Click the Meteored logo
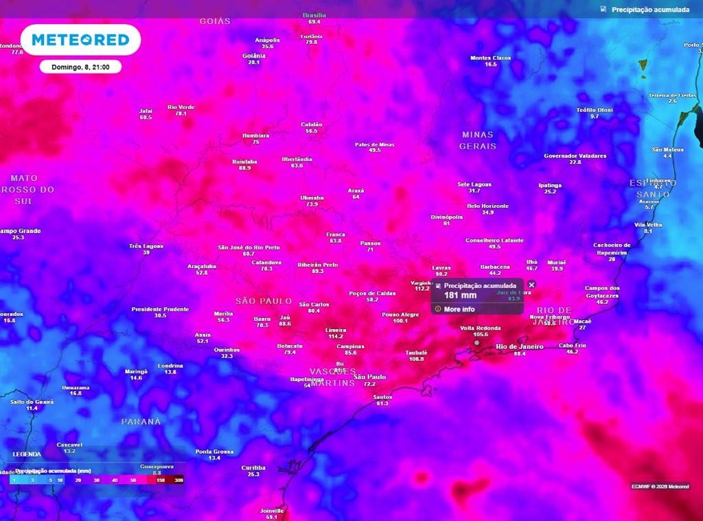point(80,40)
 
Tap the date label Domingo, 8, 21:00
point(80,66)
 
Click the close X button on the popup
point(531,284)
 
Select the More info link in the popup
point(459,309)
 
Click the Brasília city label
point(314,15)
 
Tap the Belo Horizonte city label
point(487,206)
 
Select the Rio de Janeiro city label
point(520,347)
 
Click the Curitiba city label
point(253,468)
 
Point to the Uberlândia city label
point(297,159)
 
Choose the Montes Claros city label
point(490,58)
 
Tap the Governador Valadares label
point(575,156)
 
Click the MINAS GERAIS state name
point(477,141)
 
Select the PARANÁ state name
point(141,421)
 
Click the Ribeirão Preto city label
point(318,265)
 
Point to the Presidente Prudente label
point(160,309)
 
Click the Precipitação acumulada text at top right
point(649,10)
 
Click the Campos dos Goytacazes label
point(602,291)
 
